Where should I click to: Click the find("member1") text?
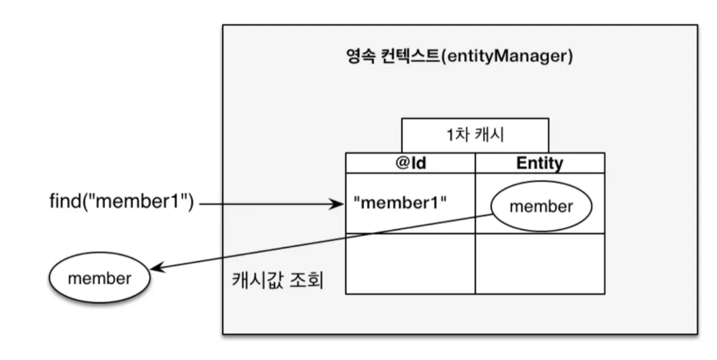tap(121, 201)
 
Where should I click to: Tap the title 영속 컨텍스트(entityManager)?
tap(460, 56)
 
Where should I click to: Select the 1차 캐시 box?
tap(475, 135)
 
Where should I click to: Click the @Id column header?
tap(411, 163)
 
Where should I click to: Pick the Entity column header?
tap(540, 163)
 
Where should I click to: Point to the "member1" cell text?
tap(400, 203)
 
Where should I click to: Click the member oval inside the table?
tap(542, 206)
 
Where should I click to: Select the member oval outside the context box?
tap(100, 278)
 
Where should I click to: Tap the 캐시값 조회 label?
tap(278, 279)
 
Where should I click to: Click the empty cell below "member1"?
tap(411, 263)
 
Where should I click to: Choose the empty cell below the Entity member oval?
tap(540, 263)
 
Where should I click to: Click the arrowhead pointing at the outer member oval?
tap(157, 268)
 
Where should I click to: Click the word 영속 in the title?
tap(361, 56)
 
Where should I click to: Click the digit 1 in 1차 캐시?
tap(451, 135)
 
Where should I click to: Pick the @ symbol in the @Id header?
tap(402, 163)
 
